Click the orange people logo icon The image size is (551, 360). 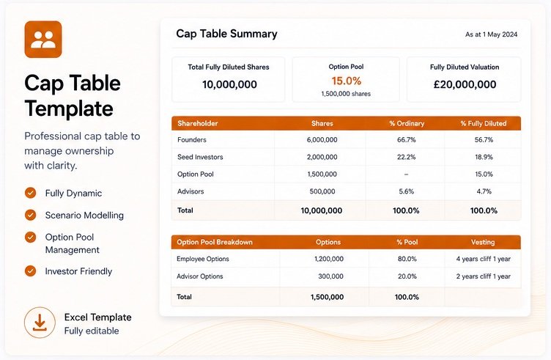tap(43, 40)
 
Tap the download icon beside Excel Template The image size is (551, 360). tap(40, 323)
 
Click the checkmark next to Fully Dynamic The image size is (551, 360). tap(31, 193)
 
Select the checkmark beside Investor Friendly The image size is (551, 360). tap(31, 271)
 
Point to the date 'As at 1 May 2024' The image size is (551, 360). tap(491, 34)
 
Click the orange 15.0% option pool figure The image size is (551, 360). tap(347, 81)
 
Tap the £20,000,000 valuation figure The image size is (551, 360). tap(465, 84)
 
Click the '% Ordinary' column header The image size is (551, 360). tap(407, 123)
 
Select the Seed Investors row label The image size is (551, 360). tap(200, 157)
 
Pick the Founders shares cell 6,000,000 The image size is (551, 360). tap(322, 139)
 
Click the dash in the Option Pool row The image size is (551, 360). tap(406, 175)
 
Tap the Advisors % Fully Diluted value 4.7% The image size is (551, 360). tap(484, 191)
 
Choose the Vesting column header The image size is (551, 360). tap(483, 242)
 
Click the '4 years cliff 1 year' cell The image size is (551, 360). tap(483, 259)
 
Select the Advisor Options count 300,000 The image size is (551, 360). tap(330, 276)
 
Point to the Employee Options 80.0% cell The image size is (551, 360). tap(407, 259)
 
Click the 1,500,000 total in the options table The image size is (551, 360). tap(327, 297)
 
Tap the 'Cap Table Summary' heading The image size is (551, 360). tap(226, 34)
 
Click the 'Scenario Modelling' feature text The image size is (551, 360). tap(84, 215)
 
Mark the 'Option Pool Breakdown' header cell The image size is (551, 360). tap(215, 242)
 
